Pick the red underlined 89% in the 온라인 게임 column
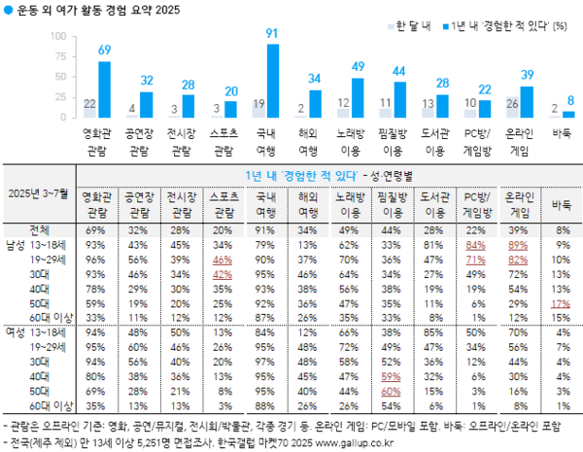pos(520,247)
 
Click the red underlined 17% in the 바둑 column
pos(561,303)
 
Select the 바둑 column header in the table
pos(561,205)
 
